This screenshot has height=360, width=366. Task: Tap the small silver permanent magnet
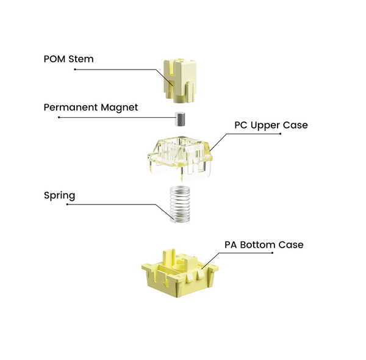click(x=180, y=118)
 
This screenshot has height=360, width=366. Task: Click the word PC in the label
click(x=242, y=125)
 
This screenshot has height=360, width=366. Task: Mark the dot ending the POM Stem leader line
click(x=75, y=70)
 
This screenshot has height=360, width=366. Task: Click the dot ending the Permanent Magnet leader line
click(x=59, y=117)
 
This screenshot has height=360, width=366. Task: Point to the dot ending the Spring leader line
click(x=67, y=204)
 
